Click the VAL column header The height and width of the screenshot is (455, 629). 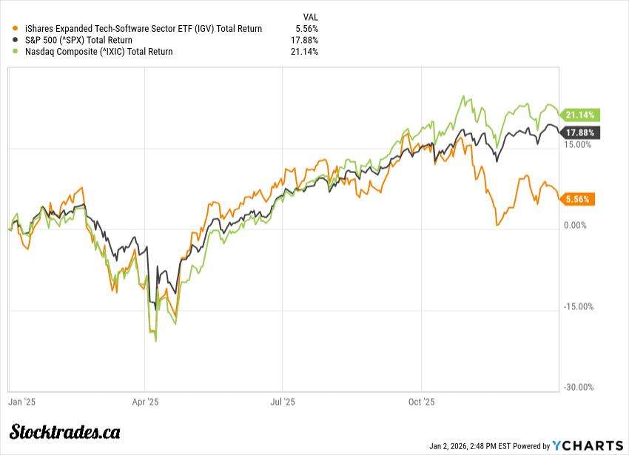point(311,16)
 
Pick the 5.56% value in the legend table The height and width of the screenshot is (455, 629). point(306,29)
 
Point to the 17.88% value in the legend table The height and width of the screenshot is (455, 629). point(303,40)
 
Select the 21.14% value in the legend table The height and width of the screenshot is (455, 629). point(303,52)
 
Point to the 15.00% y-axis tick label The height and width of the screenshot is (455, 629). point(579,144)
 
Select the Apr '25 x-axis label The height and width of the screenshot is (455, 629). point(145,402)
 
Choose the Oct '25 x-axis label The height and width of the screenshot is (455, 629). point(421,402)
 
